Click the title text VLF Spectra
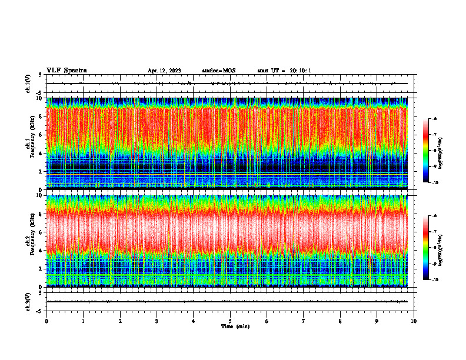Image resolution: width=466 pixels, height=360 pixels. click(x=66, y=71)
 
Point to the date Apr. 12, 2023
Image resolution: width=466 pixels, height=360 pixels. click(x=164, y=71)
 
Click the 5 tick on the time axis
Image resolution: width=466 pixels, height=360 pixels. click(x=230, y=321)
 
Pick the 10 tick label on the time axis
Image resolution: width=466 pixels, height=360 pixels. click(x=414, y=321)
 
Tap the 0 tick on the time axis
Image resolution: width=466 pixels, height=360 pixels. click(x=46, y=321)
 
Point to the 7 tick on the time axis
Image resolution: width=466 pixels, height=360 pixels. click(x=304, y=321)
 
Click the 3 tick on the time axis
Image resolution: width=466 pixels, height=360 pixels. click(x=157, y=321)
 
